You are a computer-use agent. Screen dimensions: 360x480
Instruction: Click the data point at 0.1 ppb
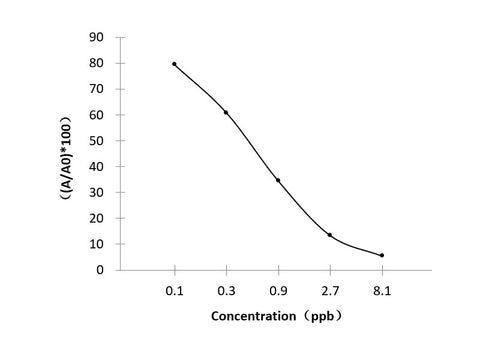(174, 64)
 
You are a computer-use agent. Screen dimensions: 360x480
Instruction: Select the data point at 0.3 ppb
(226, 112)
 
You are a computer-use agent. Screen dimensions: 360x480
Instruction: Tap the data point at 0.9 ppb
(278, 180)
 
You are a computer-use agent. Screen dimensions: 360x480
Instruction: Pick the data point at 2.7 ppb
(330, 235)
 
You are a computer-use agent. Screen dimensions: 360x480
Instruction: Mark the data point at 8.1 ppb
(382, 255)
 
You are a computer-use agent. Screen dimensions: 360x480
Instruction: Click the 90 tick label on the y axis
(97, 37)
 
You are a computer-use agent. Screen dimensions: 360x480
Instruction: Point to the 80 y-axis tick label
(97, 63)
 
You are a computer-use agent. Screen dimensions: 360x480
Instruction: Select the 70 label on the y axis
(97, 89)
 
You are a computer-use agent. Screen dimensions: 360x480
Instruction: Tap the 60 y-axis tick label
(97, 115)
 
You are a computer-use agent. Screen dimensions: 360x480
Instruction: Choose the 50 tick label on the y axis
(97, 141)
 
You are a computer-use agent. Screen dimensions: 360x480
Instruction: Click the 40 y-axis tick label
(97, 166)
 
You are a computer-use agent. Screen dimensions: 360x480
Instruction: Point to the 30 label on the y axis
(97, 192)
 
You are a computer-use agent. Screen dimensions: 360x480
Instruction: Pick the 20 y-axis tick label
(97, 218)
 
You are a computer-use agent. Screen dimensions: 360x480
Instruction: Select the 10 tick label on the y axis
(97, 244)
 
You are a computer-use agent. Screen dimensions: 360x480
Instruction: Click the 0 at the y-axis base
(101, 270)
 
